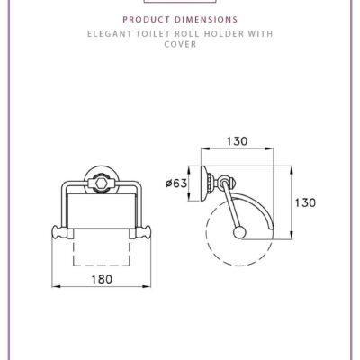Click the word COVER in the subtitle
[180, 42]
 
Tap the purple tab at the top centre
[180, 3]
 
